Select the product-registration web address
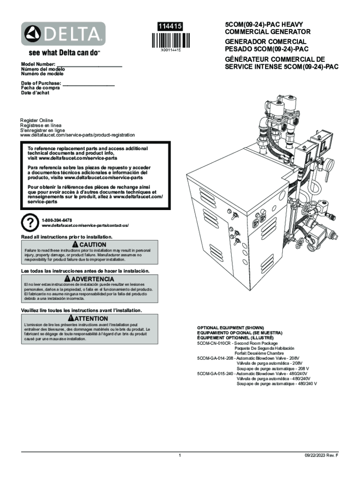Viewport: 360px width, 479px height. (x=77, y=135)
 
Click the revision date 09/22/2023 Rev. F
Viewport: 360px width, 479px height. (x=322, y=455)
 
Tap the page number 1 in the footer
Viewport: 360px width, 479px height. (x=180, y=455)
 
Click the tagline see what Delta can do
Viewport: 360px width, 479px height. (x=65, y=53)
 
